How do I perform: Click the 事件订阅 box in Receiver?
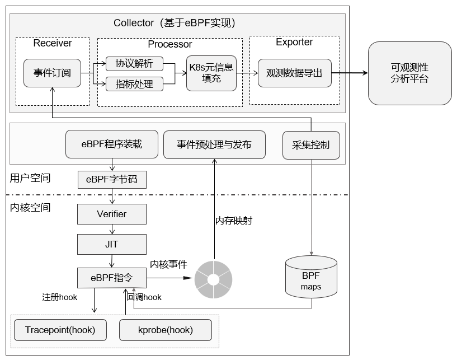[x=52, y=73]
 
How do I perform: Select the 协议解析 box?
[x=134, y=64]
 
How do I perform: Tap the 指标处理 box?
[x=134, y=84]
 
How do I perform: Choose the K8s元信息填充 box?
[x=211, y=73]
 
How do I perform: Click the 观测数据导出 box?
[x=295, y=73]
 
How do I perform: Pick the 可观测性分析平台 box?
[x=410, y=73]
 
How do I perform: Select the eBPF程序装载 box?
[x=112, y=144]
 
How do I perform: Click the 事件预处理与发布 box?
[x=214, y=144]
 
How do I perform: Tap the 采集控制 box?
[x=311, y=145]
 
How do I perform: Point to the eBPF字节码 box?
[x=112, y=179]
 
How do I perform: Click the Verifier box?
[x=112, y=214]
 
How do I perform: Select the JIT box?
[x=112, y=244]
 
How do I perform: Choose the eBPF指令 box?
[x=112, y=278]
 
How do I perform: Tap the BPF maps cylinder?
[x=311, y=277]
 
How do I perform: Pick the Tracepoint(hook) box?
[x=60, y=330]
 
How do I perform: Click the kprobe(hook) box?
[x=166, y=330]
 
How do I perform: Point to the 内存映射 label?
[x=234, y=221]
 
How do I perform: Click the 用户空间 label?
[x=30, y=178]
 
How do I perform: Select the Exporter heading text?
[x=294, y=42]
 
